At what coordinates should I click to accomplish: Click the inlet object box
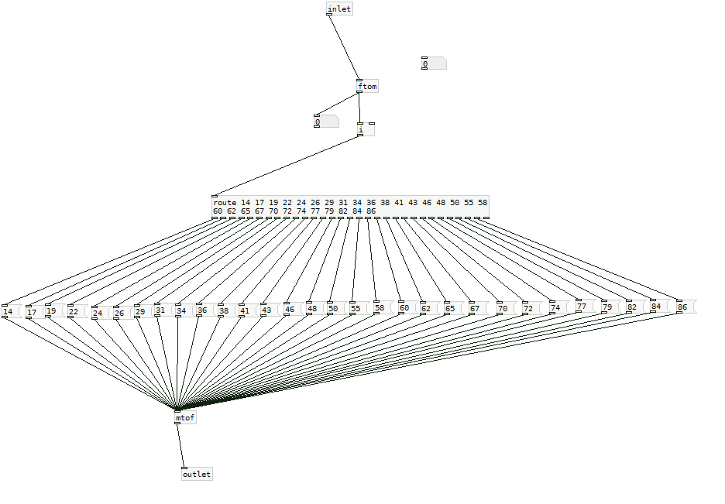click(x=339, y=9)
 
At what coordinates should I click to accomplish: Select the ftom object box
click(x=368, y=87)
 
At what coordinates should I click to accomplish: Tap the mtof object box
click(x=185, y=417)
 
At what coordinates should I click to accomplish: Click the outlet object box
click(x=197, y=474)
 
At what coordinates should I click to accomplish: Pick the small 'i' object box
click(x=366, y=129)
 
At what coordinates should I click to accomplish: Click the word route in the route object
click(x=225, y=202)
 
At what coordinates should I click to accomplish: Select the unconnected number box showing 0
click(x=435, y=63)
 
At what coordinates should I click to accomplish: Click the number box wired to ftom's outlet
click(x=326, y=122)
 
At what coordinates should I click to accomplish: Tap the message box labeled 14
click(x=12, y=311)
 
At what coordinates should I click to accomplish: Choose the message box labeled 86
click(x=686, y=307)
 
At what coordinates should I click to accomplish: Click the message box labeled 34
click(x=186, y=310)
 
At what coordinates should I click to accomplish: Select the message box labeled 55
click(x=360, y=308)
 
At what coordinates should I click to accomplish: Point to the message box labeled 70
click(x=507, y=308)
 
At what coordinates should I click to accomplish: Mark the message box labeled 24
click(x=101, y=313)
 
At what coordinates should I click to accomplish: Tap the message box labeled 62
click(x=431, y=308)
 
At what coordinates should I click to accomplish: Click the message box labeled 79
click(x=612, y=307)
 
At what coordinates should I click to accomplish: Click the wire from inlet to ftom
click(x=344, y=47)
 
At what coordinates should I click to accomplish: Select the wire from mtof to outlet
click(x=180, y=446)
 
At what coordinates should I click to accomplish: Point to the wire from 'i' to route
click(x=287, y=166)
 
